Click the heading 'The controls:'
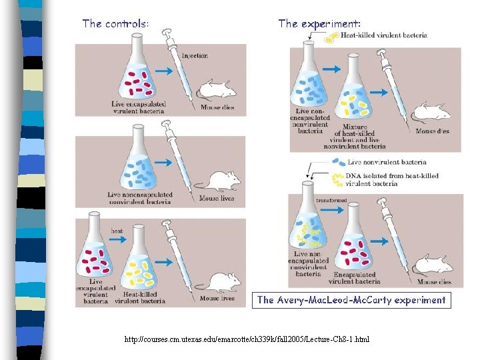[115, 23]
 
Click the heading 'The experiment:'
[319, 23]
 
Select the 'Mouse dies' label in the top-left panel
[217, 107]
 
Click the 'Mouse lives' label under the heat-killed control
[217, 299]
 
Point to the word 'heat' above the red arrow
[117, 231]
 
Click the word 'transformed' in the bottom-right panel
[331, 200]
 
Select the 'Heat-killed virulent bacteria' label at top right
[383, 35]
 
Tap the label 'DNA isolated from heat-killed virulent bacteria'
[392, 179]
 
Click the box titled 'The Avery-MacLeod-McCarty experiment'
[351, 300]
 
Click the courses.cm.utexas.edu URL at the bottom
[247, 340]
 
